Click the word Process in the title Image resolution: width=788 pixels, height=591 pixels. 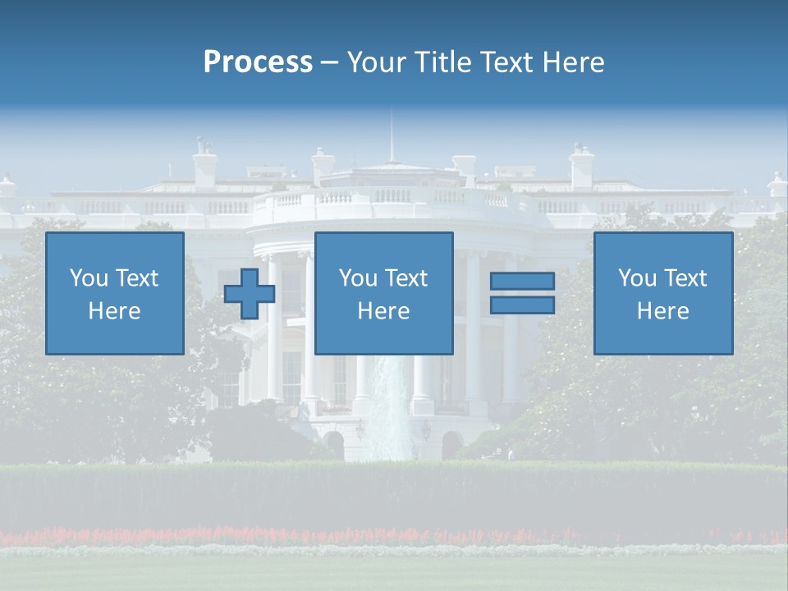point(258,62)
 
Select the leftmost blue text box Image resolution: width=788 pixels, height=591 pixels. point(115,293)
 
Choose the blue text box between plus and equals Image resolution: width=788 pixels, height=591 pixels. point(383,293)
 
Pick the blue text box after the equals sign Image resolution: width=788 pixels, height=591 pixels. point(663,293)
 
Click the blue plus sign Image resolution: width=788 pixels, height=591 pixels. point(250,293)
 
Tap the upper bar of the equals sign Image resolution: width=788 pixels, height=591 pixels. point(522,281)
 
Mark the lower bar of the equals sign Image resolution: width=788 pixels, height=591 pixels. point(522,305)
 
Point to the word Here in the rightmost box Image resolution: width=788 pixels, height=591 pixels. point(663,311)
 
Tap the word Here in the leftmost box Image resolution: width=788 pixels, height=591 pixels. point(115,311)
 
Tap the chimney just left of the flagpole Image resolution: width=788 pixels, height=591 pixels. point(323,164)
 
